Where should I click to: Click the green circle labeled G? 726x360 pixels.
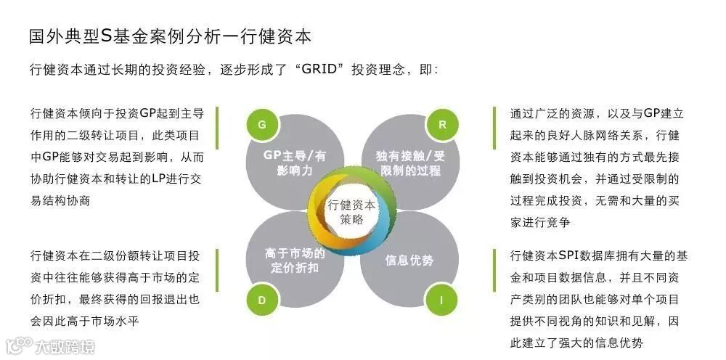262,124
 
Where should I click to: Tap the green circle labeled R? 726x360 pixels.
441,124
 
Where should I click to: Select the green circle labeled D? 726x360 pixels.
262,299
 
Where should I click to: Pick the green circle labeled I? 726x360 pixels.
441,299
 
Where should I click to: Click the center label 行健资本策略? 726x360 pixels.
352,212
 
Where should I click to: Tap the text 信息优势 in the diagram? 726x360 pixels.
409,260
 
